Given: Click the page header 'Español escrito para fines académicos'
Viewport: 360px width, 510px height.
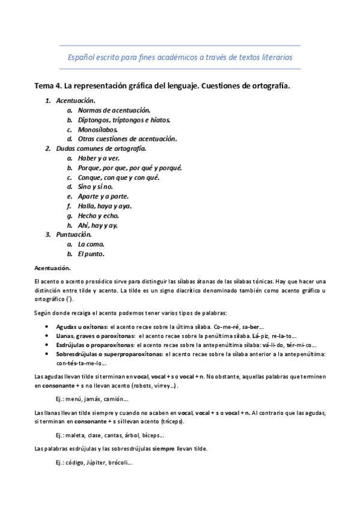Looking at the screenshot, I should (179, 58).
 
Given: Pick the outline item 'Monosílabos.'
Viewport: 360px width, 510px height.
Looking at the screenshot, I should (98, 129).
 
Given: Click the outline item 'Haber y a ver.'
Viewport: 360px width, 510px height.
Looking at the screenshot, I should (99, 158).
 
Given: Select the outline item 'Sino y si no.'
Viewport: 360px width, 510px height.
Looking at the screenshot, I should (96, 186).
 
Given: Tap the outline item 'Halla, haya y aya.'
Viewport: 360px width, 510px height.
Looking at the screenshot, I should (105, 206).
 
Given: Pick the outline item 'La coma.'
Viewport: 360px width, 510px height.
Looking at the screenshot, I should (91, 244).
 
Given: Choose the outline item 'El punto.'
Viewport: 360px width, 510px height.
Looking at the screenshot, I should (91, 254).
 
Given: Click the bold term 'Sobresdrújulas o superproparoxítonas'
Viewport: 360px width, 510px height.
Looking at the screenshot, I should (110, 354).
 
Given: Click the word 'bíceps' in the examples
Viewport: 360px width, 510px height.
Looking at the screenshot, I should (150, 435).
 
